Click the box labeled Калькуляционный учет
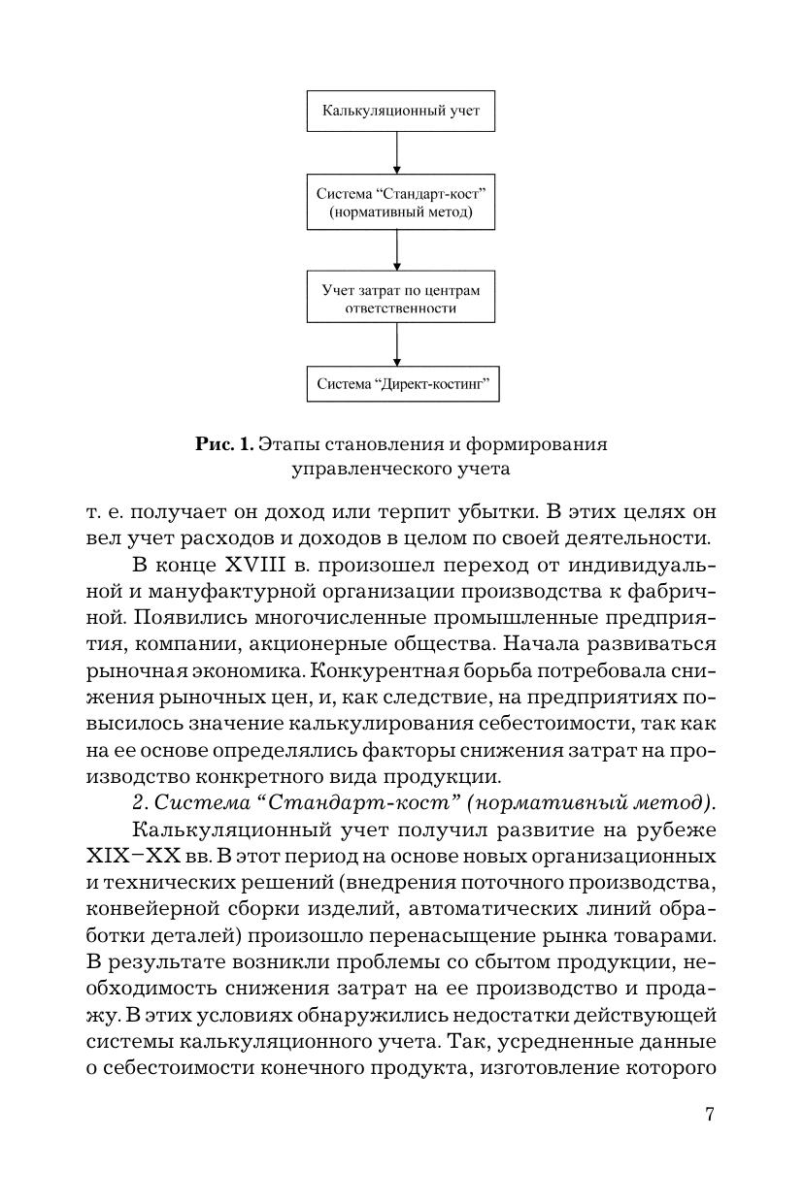tap(401, 112)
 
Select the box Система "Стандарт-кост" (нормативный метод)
tap(401, 203)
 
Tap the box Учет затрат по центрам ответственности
tap(401, 299)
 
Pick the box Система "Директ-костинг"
tap(401, 384)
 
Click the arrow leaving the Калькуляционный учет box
tap(398, 152)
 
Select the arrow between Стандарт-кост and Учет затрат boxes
tap(398, 252)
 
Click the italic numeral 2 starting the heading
tap(136, 802)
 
